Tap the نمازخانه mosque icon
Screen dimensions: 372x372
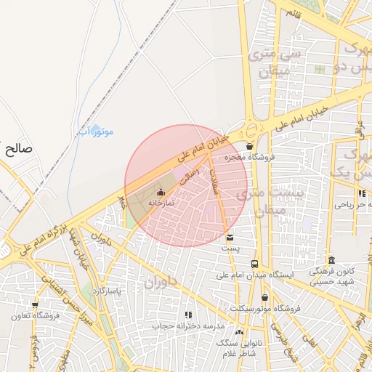(161, 192)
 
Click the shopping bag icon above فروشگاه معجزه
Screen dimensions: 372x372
(250, 146)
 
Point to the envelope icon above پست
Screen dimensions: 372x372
(230, 238)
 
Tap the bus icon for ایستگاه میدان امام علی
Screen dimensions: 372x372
(254, 264)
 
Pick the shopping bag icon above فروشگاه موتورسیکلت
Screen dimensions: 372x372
(263, 297)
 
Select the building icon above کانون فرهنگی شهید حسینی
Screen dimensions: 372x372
(331, 260)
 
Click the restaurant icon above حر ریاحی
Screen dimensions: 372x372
(361, 193)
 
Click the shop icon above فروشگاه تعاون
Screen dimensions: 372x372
(34, 305)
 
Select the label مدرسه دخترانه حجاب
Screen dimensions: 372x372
(185, 325)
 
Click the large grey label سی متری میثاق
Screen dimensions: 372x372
(270, 62)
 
